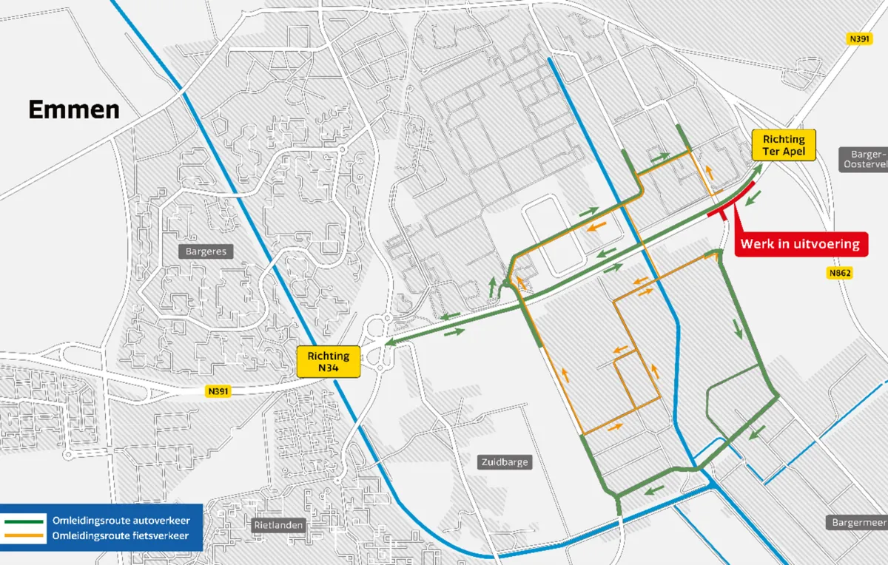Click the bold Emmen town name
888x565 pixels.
coord(74,110)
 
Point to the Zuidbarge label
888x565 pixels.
coord(504,462)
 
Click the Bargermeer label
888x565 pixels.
coord(858,522)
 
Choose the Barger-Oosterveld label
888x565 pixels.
coord(864,159)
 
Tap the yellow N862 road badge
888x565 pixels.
coord(840,273)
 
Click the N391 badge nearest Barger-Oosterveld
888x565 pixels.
coord(859,38)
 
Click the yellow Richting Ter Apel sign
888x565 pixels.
coord(783,145)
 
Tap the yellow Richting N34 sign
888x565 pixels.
coord(328,362)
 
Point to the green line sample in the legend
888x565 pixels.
coord(24,521)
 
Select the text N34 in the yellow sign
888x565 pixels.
coord(328,368)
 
